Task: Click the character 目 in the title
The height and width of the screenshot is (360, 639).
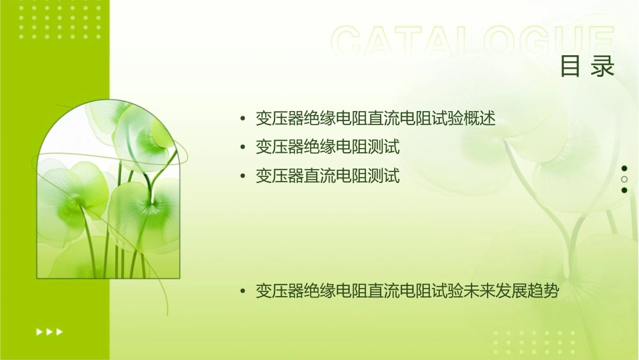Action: coord(570,67)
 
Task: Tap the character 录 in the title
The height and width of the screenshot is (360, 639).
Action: coord(603,67)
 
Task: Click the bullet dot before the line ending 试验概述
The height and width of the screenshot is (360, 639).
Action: coord(243,119)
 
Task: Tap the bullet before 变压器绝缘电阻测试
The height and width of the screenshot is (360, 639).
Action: coord(243,147)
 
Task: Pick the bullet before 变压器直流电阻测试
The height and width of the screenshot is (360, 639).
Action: coord(243,176)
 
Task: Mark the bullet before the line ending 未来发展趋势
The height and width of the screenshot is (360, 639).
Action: coord(243,292)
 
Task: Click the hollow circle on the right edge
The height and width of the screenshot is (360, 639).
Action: coord(624,180)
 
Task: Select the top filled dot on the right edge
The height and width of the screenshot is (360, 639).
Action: coord(624,168)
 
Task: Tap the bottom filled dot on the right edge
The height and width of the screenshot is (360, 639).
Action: coord(624,190)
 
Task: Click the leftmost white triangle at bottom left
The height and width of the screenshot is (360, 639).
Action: coord(39,331)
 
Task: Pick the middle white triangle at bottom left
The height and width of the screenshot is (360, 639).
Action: coord(49,331)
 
